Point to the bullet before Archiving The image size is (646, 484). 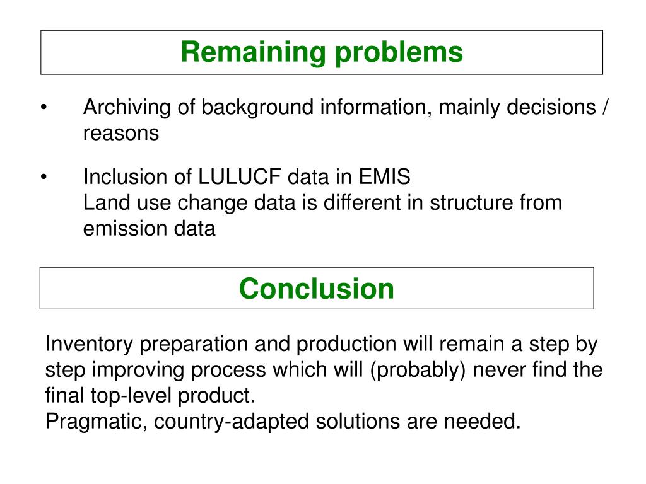click(44, 108)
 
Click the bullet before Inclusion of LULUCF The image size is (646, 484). click(44, 177)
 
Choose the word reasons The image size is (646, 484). click(121, 134)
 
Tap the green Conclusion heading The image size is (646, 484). click(317, 289)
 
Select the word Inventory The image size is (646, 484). click(90, 345)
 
